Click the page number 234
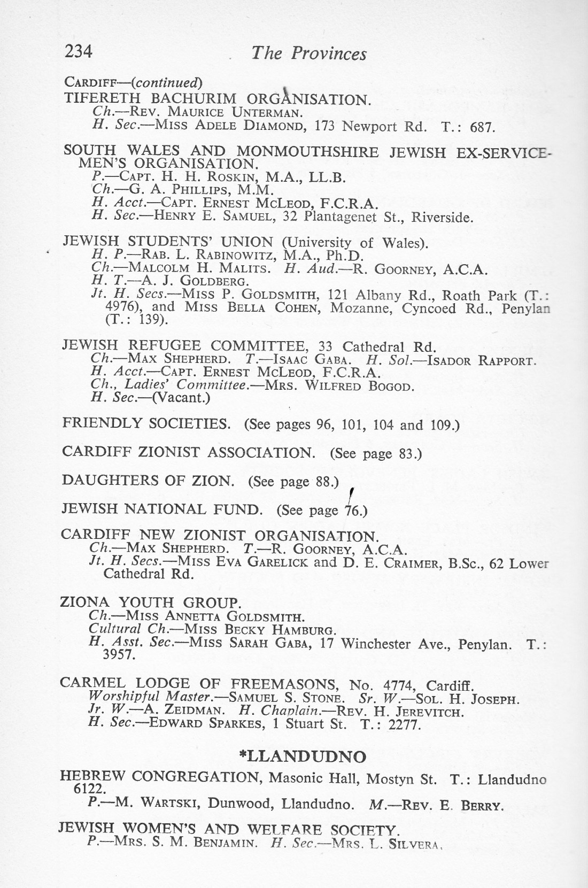click(x=79, y=51)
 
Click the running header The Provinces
click(x=308, y=53)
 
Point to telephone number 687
click(x=483, y=128)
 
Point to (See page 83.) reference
click(x=376, y=454)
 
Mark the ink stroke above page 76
click(x=351, y=496)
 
